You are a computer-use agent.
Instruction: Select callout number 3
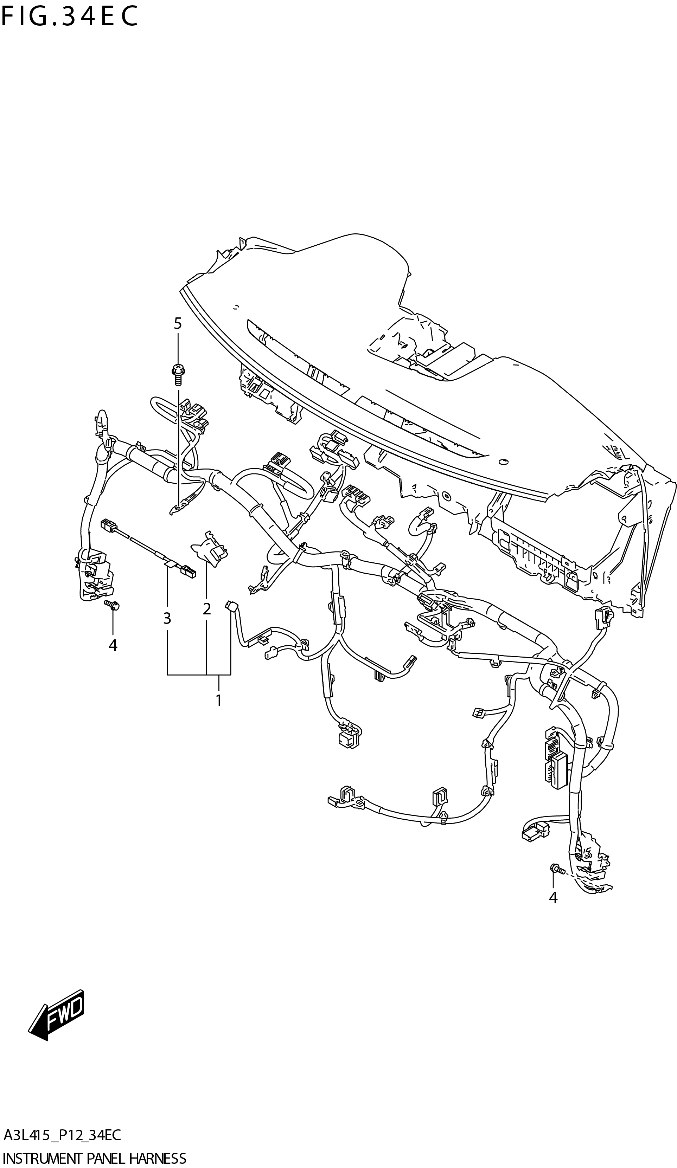tap(167, 618)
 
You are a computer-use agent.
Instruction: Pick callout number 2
tap(206, 608)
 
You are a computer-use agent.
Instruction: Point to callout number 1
tap(218, 700)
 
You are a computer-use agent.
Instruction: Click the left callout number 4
tap(113, 645)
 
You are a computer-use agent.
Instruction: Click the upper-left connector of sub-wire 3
tap(107, 525)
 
